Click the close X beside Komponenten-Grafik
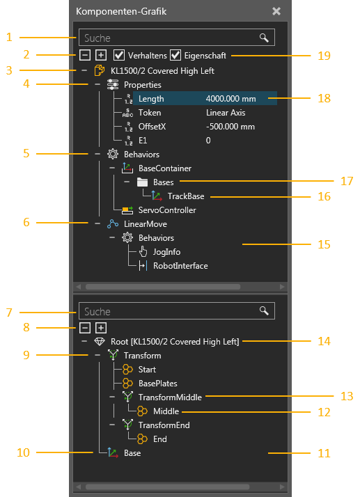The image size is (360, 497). [x=276, y=11]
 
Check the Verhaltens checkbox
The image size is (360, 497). [x=119, y=55]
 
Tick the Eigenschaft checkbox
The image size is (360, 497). [x=175, y=55]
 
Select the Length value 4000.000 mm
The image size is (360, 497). [x=230, y=99]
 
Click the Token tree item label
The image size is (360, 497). [x=150, y=113]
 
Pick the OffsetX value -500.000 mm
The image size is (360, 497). [x=230, y=127]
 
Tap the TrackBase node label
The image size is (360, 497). [x=186, y=196]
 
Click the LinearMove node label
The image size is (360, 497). [x=146, y=224]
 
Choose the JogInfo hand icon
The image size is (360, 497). [x=143, y=252]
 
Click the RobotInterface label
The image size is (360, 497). [x=180, y=266]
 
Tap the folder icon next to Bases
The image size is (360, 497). [x=143, y=182]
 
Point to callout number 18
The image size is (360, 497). [x=324, y=98]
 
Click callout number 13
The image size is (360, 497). [x=347, y=396]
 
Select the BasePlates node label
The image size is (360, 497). [x=157, y=384]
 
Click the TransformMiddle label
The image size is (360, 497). [x=170, y=397]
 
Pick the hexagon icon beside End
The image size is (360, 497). [x=143, y=439]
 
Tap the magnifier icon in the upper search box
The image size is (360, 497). [x=264, y=38]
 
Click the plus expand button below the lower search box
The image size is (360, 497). [x=101, y=327]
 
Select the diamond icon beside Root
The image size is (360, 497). [x=100, y=341]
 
